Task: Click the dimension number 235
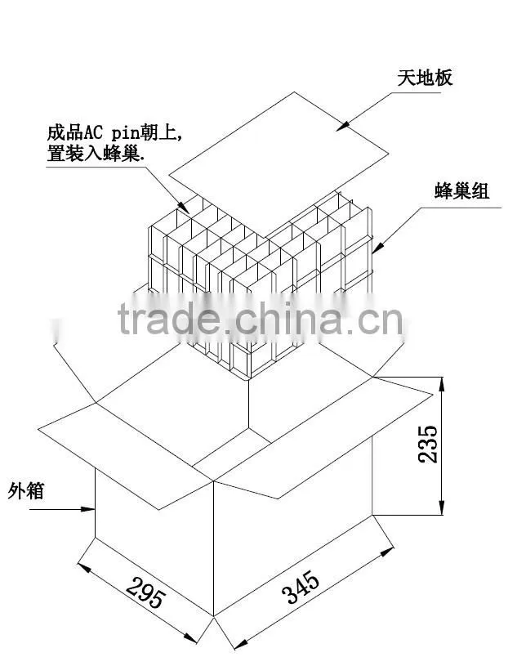click(427, 444)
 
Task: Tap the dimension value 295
click(145, 592)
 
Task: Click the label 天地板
click(425, 78)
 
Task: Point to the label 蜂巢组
click(461, 190)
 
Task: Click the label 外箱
click(26, 491)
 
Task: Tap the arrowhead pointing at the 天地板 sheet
click(343, 125)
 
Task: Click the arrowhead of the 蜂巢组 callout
click(378, 248)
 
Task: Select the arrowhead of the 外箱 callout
click(88, 508)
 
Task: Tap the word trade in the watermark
click(169, 318)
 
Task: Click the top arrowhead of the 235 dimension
click(442, 384)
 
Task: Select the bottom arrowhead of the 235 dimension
click(442, 507)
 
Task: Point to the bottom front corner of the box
click(213, 616)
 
